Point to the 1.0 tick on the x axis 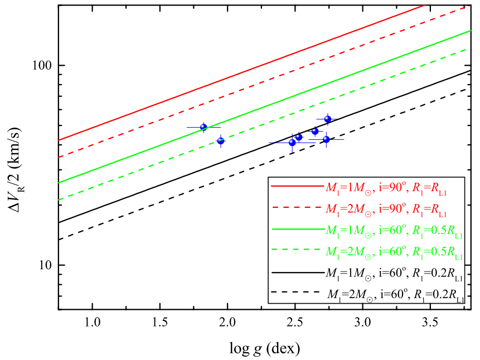click(x=93, y=323)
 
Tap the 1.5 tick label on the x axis click(x=160, y=323)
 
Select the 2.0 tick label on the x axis click(x=227, y=323)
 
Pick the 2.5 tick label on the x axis click(x=295, y=323)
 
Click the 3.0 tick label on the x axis click(x=362, y=323)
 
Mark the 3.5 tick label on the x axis click(x=430, y=323)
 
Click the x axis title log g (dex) click(x=265, y=349)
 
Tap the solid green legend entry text click(x=394, y=231)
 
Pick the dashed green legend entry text click(x=394, y=252)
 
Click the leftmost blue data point click(x=203, y=127)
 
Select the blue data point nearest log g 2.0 click(x=221, y=141)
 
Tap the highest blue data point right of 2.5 click(x=328, y=119)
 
